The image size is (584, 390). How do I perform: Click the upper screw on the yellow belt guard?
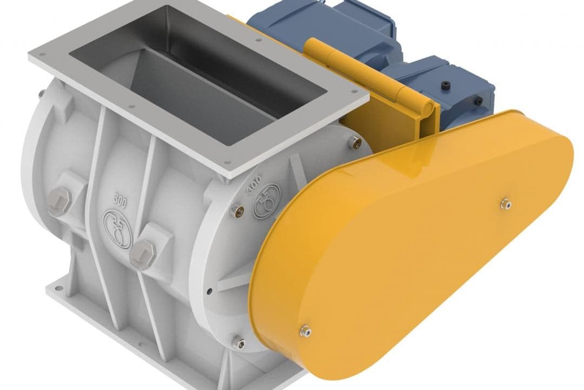(x=506, y=204)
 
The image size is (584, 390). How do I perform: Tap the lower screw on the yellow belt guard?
(x=306, y=330)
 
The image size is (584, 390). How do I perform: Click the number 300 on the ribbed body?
(x=120, y=202)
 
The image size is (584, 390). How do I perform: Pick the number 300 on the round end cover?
(x=254, y=184)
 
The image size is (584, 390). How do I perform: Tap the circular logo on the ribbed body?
(x=118, y=229)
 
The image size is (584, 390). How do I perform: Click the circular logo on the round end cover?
(x=267, y=201)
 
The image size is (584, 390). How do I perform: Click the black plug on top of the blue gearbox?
(x=446, y=86)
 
